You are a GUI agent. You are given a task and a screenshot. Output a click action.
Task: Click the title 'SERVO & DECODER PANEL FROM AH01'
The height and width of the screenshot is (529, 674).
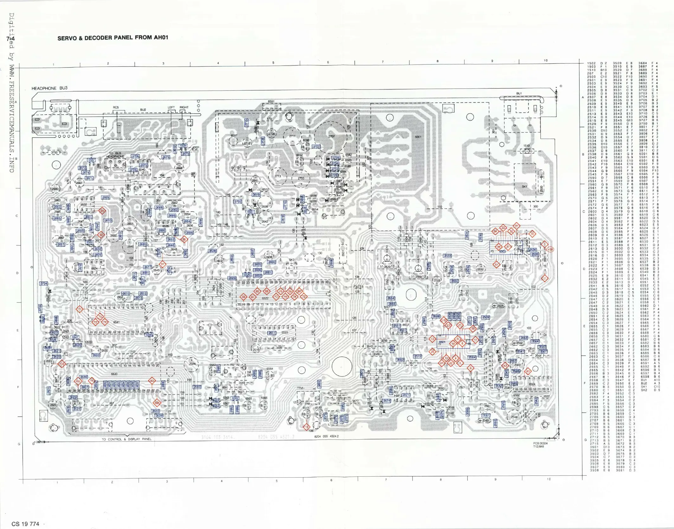(112, 38)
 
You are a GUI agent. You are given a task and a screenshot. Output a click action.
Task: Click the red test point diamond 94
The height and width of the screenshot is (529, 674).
(102, 211)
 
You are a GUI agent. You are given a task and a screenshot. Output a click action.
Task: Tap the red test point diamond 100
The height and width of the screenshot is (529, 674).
(62, 364)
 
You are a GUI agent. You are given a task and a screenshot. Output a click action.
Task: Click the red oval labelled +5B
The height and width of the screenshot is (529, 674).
(550, 249)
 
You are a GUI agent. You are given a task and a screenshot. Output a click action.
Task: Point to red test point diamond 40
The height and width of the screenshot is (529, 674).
(527, 371)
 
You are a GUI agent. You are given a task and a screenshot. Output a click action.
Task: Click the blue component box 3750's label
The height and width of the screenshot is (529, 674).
(55, 153)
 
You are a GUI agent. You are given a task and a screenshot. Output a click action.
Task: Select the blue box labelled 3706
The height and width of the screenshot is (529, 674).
(135, 156)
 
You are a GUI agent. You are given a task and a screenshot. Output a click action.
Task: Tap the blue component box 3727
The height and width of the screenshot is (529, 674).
(316, 147)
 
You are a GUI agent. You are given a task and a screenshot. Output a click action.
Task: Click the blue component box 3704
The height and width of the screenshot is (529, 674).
(43, 284)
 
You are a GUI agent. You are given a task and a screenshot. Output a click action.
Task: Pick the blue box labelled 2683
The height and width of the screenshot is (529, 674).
(197, 387)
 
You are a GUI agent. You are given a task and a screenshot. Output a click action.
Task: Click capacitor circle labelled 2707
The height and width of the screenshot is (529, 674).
(331, 137)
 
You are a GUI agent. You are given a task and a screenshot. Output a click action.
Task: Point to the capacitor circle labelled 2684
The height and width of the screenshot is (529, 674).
(192, 364)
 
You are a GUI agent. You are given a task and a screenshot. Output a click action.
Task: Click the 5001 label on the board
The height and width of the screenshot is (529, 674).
(418, 137)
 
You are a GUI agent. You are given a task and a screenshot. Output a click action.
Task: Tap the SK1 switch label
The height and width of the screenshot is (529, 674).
(524, 186)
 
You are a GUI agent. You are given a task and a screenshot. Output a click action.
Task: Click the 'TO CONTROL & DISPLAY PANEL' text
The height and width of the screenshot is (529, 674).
(126, 439)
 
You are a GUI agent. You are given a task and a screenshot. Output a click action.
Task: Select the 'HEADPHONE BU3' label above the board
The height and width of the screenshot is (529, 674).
(49, 88)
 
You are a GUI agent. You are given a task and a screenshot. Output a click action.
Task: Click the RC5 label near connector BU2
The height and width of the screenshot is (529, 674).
(116, 108)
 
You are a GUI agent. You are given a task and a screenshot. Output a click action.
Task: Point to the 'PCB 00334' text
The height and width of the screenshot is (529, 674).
(540, 443)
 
